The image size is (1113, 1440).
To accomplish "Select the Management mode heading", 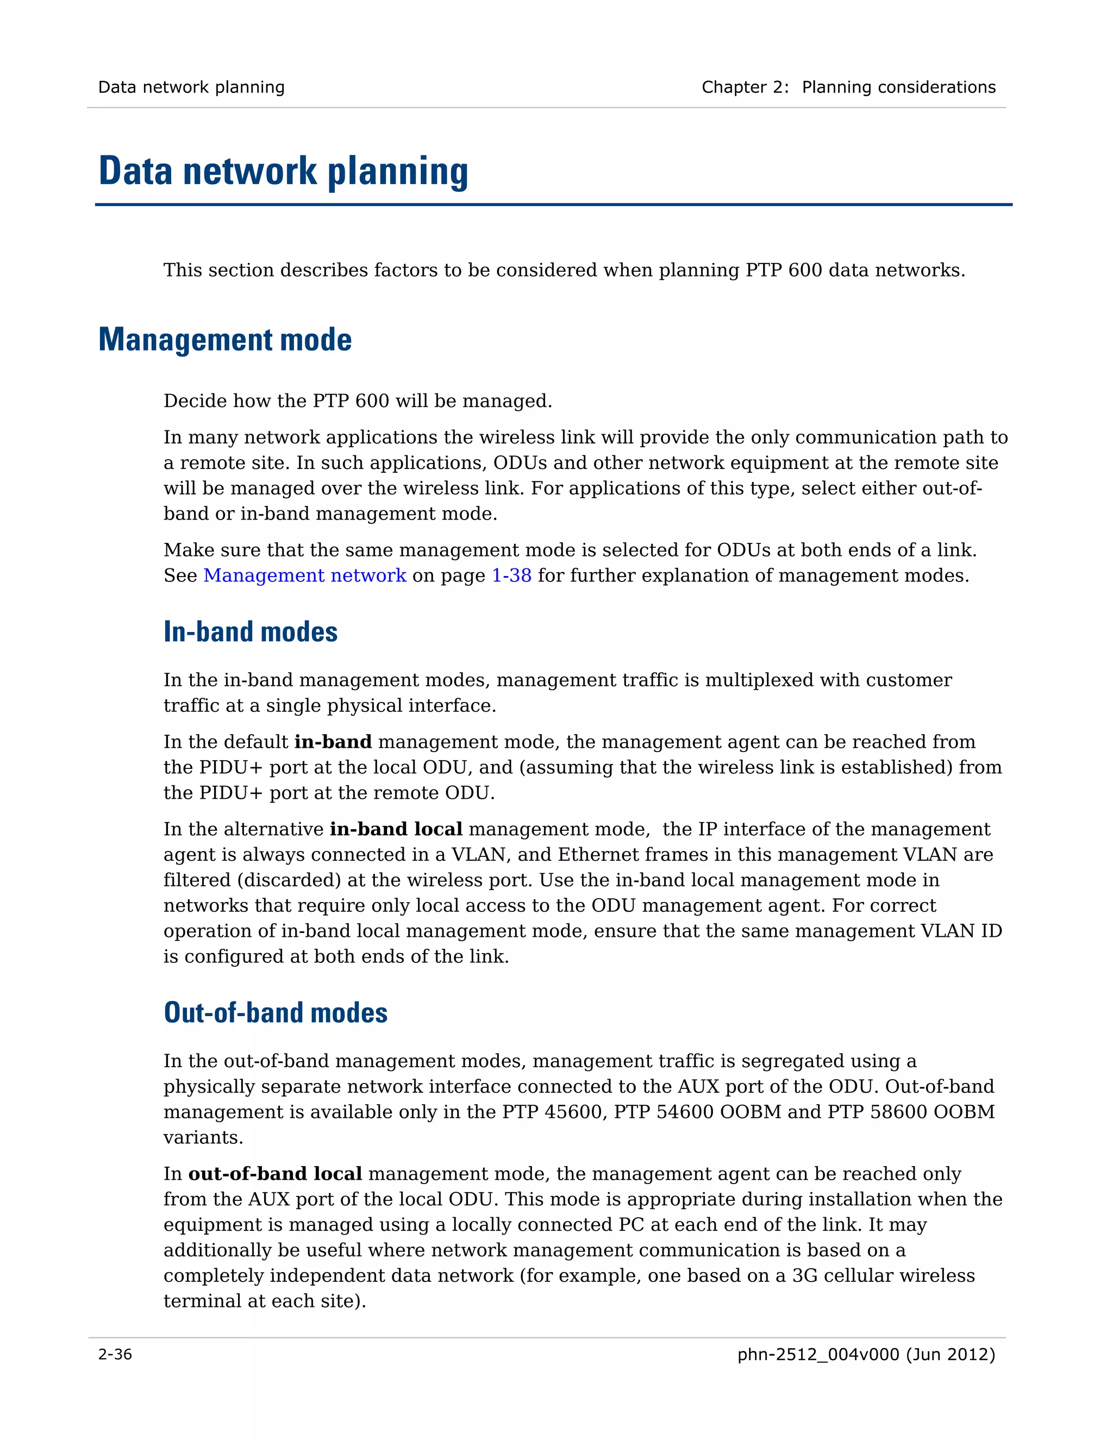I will pos(225,340).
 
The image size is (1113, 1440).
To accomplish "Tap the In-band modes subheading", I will pos(251,631).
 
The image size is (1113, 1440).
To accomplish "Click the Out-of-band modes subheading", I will pos(276,1013).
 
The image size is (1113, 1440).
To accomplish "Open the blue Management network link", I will pos(305,575).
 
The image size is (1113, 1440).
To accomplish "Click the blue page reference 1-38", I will pos(511,575).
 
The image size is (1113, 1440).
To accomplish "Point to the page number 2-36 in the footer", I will pos(115,1354).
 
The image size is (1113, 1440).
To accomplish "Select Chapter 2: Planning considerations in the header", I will pos(848,87).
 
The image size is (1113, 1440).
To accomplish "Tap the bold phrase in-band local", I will pos(396,829).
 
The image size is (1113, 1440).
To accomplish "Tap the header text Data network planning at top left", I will pos(191,87).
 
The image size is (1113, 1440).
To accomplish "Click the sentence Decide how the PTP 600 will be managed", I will pos(358,401).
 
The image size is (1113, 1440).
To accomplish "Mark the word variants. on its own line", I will pos(203,1137).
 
